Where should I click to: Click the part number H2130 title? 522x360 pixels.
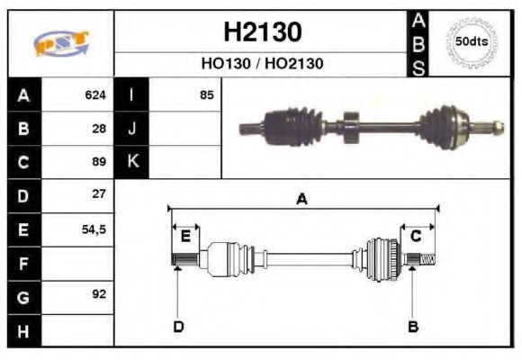(x=262, y=32)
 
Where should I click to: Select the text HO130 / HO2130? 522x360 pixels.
(x=262, y=64)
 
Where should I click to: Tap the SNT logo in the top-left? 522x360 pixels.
(x=60, y=43)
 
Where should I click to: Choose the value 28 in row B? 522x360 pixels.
(x=99, y=128)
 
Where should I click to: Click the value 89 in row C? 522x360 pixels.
(x=99, y=162)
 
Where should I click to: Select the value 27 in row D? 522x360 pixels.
(x=99, y=194)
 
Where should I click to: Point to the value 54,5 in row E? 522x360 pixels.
(x=94, y=229)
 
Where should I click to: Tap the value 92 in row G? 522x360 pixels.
(x=99, y=294)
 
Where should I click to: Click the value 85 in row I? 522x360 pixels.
(x=206, y=94)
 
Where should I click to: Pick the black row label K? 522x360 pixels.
(x=132, y=162)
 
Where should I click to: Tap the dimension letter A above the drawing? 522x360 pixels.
(x=301, y=200)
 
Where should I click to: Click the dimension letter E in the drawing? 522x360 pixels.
(x=185, y=237)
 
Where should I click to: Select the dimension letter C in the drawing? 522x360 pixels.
(x=416, y=237)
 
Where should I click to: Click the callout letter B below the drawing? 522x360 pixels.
(x=413, y=326)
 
